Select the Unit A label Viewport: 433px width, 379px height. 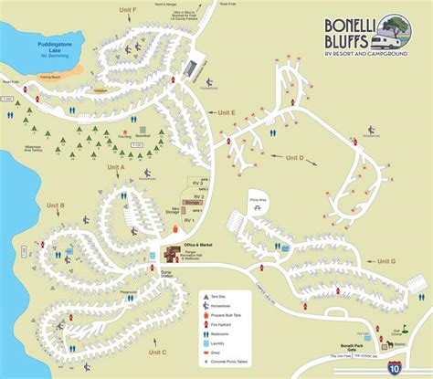115,167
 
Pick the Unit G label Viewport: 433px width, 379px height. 386,262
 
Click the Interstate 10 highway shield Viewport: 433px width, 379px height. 392,366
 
